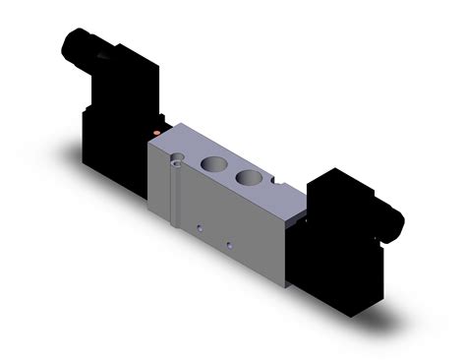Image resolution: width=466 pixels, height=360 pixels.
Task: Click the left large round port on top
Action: [x=215, y=164]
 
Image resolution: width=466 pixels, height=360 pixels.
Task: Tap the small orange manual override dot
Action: [x=157, y=129]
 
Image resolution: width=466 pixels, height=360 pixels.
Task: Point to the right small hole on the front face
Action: [x=228, y=245]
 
